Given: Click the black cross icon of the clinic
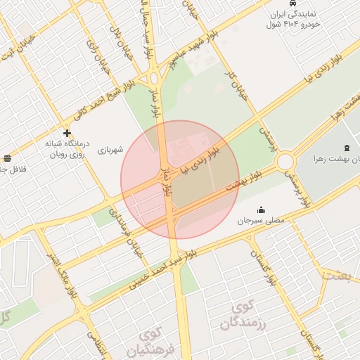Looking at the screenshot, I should click(67, 132).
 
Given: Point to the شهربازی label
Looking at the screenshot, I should click(110, 150).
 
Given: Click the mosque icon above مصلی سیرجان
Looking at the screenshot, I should click(261, 209).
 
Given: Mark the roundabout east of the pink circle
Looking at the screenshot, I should click(285, 162).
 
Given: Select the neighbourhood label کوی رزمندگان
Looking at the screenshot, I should click(245, 315).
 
